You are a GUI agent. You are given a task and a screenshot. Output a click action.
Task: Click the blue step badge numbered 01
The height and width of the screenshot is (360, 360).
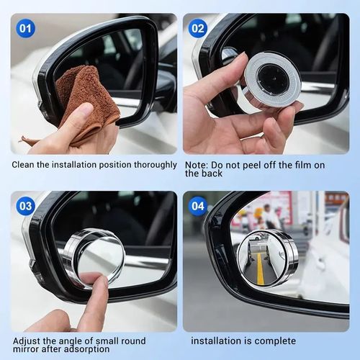click(x=26, y=29)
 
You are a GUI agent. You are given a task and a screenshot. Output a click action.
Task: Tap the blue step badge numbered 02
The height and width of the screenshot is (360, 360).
click(x=197, y=29)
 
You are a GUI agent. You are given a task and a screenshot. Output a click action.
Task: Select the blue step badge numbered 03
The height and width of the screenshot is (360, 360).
click(x=26, y=206)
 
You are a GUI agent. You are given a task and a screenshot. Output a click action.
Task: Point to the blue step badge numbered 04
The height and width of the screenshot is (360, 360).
click(x=197, y=206)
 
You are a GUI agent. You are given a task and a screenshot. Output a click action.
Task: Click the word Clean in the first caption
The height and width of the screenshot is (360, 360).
click(x=23, y=164)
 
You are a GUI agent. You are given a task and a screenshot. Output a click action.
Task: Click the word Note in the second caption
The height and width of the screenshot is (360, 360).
click(x=196, y=164)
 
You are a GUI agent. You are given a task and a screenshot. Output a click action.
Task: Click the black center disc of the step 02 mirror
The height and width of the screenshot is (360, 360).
click(x=273, y=78)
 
